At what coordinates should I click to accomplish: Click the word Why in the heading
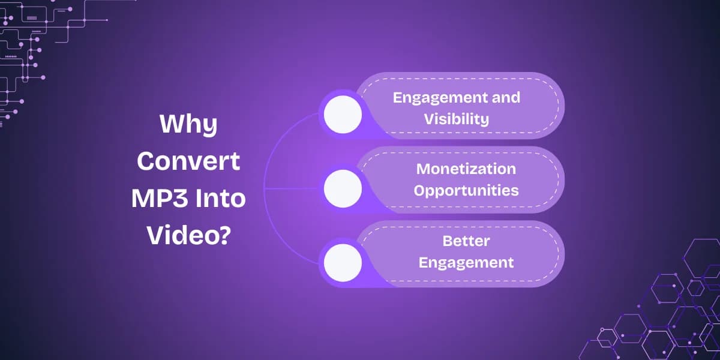(188, 125)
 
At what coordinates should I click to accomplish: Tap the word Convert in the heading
(188, 162)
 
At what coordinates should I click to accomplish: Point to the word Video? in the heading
(188, 236)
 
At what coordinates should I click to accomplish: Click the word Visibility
(456, 119)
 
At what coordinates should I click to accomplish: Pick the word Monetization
(466, 169)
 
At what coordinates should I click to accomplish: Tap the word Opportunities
(466, 191)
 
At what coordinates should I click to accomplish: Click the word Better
(466, 241)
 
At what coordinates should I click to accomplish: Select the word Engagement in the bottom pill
(466, 262)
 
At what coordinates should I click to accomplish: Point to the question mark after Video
(224, 236)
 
